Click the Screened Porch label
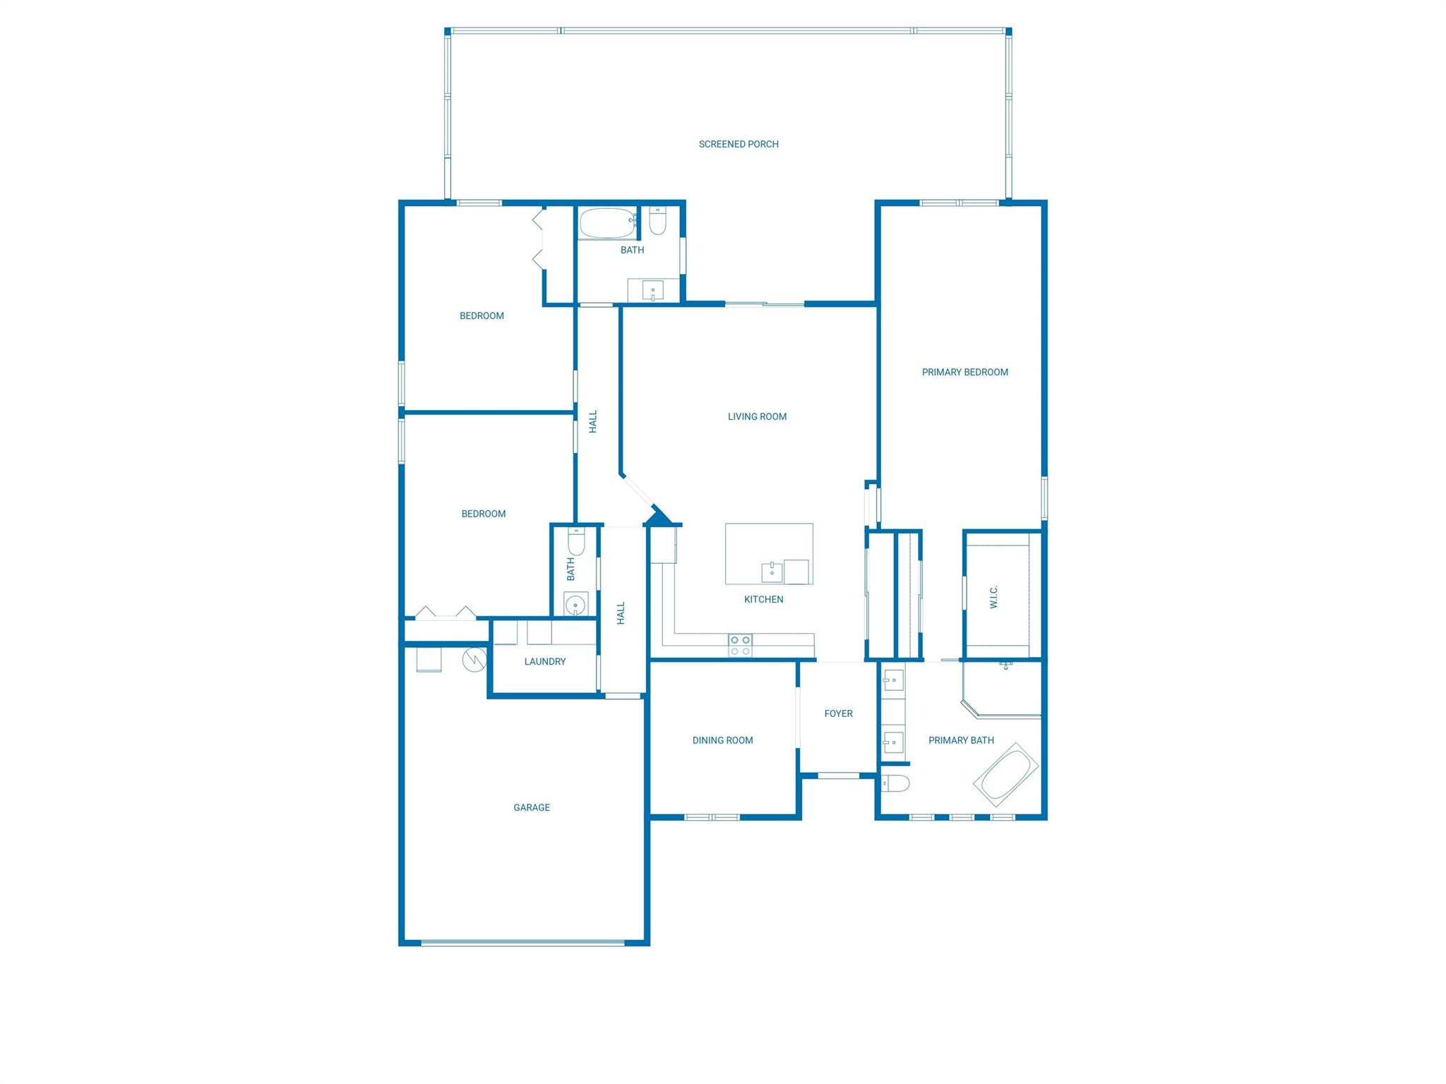(739, 144)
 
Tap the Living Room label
(757, 416)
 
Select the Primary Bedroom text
(964, 372)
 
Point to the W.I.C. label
(993, 596)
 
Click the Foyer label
(838, 713)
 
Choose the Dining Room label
(722, 740)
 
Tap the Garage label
(532, 807)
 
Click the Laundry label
(545, 661)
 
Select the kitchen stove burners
(740, 645)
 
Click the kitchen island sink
(772, 572)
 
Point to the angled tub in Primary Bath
(1006, 775)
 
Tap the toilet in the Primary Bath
(895, 783)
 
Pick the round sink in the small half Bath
(576, 604)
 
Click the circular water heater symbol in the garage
(474, 660)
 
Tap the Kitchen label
(763, 599)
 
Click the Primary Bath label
(961, 740)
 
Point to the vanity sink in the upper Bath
(652, 290)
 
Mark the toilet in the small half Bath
(576, 542)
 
